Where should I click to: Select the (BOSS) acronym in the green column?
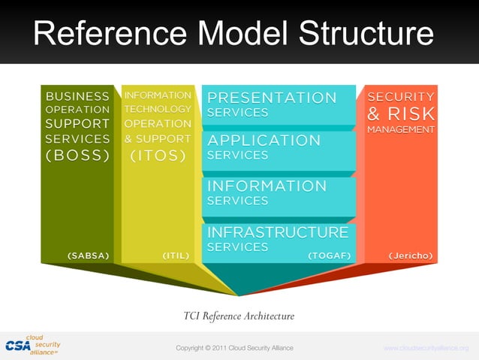(x=78, y=156)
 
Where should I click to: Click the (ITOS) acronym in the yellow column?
(x=158, y=156)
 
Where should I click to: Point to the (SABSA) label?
(x=89, y=256)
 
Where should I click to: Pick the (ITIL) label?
(x=175, y=256)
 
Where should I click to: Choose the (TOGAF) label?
(x=329, y=256)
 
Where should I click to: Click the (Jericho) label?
(x=410, y=256)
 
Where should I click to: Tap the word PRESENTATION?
(x=272, y=98)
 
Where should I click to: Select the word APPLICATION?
(x=264, y=141)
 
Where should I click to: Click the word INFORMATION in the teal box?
(x=267, y=186)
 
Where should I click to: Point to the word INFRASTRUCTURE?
(x=277, y=232)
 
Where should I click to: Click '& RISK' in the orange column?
(x=401, y=114)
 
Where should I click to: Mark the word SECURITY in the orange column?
(x=401, y=97)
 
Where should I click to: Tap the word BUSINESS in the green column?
(x=78, y=96)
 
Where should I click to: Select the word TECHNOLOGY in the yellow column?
(x=158, y=109)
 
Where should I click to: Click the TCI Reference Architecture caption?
(x=239, y=316)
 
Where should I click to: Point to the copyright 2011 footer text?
(x=234, y=348)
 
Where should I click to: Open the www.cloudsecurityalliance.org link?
(x=426, y=348)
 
